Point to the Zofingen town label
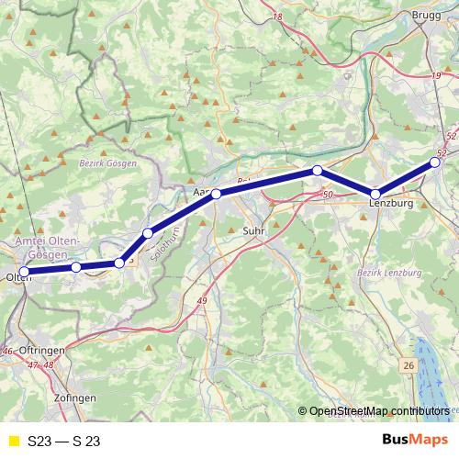(x=74, y=398)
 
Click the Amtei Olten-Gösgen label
(x=48, y=246)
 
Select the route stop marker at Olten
(x=25, y=272)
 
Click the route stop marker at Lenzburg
(x=375, y=194)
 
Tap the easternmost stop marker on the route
(x=436, y=162)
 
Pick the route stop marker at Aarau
(x=216, y=194)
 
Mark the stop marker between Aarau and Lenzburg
(x=317, y=171)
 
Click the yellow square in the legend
(x=12, y=441)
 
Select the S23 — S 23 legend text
(x=63, y=441)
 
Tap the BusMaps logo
(x=415, y=440)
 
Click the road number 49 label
(x=202, y=301)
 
